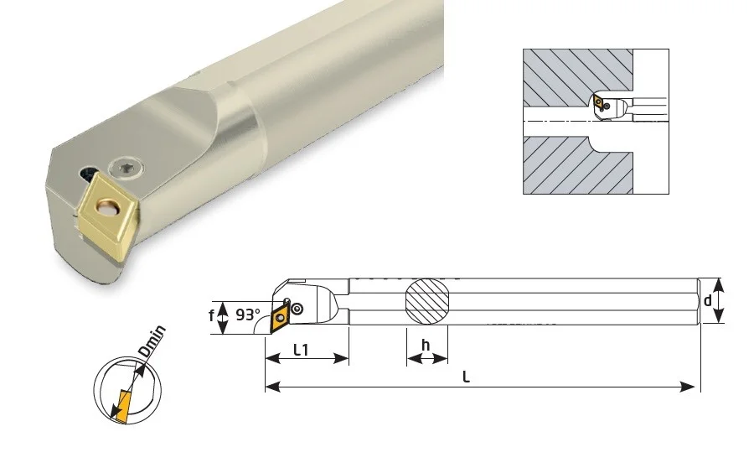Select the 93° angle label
[x=248, y=315]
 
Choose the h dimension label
[x=425, y=345]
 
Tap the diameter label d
[x=707, y=300]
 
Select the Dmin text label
[x=152, y=341]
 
